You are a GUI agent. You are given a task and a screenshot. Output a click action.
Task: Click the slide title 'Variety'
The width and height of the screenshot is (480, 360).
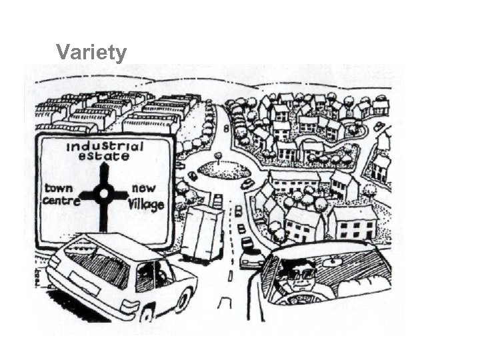click(91, 52)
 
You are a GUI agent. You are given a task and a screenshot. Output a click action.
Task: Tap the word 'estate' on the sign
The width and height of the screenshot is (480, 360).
click(103, 157)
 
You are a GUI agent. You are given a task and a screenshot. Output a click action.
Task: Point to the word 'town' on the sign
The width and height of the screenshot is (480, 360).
click(59, 188)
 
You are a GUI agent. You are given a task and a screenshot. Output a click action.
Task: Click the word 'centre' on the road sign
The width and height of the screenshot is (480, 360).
click(61, 200)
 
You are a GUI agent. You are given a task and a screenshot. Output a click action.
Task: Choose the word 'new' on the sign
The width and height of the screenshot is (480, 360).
click(143, 189)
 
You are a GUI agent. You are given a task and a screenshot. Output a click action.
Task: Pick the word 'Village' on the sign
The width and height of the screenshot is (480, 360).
click(147, 204)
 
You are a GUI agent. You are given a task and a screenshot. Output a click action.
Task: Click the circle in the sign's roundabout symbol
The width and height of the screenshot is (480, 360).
click(103, 195)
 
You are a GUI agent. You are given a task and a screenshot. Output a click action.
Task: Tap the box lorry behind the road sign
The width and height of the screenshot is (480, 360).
click(202, 233)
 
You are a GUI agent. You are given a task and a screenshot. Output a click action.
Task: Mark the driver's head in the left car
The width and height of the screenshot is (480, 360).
click(161, 270)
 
